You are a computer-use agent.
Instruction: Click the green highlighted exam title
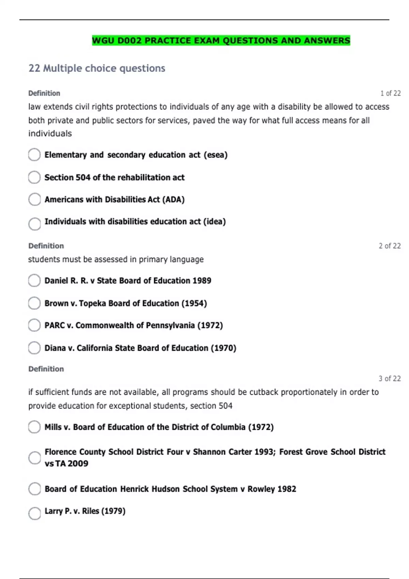tap(221, 41)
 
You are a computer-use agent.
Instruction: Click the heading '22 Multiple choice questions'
tap(97, 68)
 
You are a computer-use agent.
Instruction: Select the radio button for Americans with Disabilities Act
tap(34, 200)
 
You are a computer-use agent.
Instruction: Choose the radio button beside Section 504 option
tap(34, 177)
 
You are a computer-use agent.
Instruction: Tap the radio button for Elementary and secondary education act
tap(34, 155)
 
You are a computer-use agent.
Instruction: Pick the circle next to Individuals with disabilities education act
tap(34, 224)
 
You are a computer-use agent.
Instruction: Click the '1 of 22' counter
tap(390, 93)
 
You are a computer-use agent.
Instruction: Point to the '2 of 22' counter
tap(390, 246)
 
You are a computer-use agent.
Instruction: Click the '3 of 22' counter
tap(390, 379)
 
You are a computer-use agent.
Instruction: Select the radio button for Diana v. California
tap(34, 348)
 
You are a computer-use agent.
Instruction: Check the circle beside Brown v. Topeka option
tap(34, 303)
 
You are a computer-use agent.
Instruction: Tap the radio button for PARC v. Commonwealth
tap(34, 325)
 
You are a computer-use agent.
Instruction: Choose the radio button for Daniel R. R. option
tap(34, 281)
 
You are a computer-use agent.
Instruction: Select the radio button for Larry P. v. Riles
tap(34, 513)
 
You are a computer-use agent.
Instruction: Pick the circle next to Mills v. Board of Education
tap(34, 427)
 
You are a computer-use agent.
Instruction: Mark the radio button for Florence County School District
tap(34, 458)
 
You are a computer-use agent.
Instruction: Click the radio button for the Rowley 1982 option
tap(34, 489)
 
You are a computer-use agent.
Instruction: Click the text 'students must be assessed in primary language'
tap(116, 260)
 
